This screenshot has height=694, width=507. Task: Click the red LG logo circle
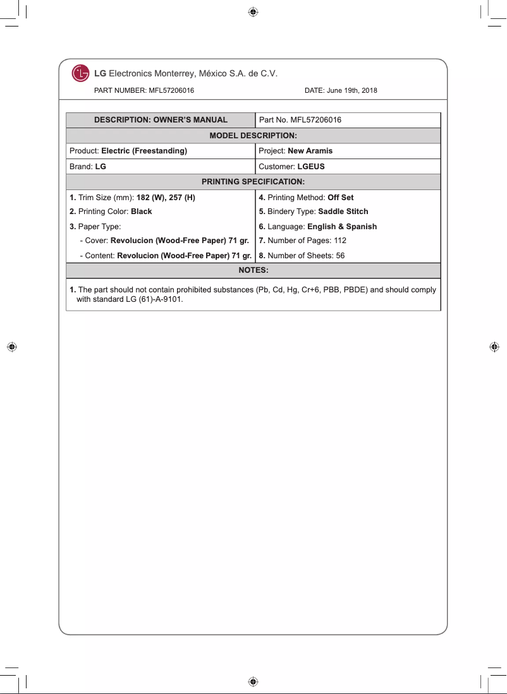(80, 73)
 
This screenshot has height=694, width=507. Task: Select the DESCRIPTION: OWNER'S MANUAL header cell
(161, 120)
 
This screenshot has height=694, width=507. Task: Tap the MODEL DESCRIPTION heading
(253, 136)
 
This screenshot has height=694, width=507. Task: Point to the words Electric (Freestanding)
(144, 151)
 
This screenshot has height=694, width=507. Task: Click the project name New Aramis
(310, 151)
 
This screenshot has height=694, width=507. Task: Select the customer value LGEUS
(310, 167)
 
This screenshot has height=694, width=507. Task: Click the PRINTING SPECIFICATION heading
(253, 182)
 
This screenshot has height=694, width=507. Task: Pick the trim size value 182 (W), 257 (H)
(166, 198)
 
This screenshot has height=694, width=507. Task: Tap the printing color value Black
(141, 212)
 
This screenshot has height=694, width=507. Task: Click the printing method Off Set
(340, 198)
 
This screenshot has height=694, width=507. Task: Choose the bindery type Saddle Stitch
(343, 212)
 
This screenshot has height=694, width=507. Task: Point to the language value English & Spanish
(341, 227)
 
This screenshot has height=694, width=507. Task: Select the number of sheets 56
(339, 256)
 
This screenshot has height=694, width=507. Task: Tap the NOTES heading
(253, 270)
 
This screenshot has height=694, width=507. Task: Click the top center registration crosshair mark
(253, 11)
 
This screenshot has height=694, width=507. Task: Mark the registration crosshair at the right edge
(494, 347)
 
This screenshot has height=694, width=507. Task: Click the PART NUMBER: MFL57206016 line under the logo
(144, 90)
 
